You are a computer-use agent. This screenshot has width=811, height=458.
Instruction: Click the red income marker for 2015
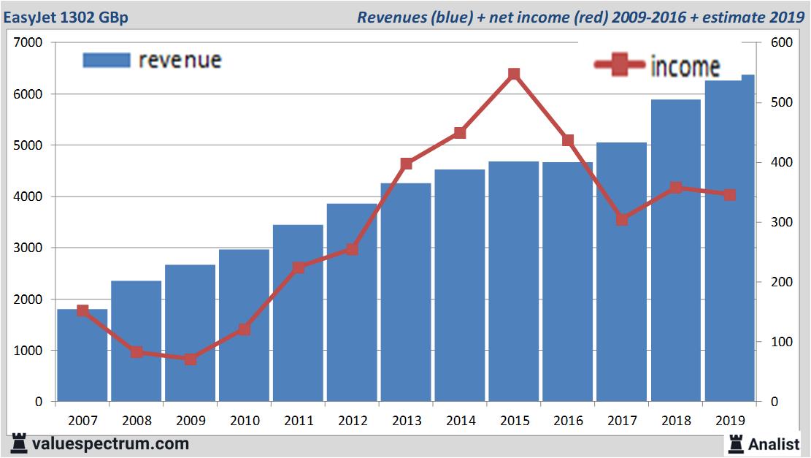coord(514,75)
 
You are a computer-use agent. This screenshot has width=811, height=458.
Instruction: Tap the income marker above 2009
coord(191,359)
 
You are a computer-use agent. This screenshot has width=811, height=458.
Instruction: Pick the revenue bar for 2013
coord(406,292)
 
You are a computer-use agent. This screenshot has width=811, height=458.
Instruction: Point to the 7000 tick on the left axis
coord(28,43)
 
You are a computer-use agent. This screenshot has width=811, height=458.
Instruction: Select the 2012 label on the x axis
coord(352,421)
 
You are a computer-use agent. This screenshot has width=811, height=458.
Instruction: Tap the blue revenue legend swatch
coord(107,60)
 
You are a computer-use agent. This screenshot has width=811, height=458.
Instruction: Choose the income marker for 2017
coord(622,219)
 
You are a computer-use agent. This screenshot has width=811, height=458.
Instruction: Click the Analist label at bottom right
coord(774,443)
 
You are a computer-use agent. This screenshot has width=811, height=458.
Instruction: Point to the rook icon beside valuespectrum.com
coord(20,443)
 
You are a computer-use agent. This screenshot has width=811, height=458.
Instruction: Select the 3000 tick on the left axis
coord(28,248)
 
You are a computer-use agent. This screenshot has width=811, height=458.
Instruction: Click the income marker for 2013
coord(407,164)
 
